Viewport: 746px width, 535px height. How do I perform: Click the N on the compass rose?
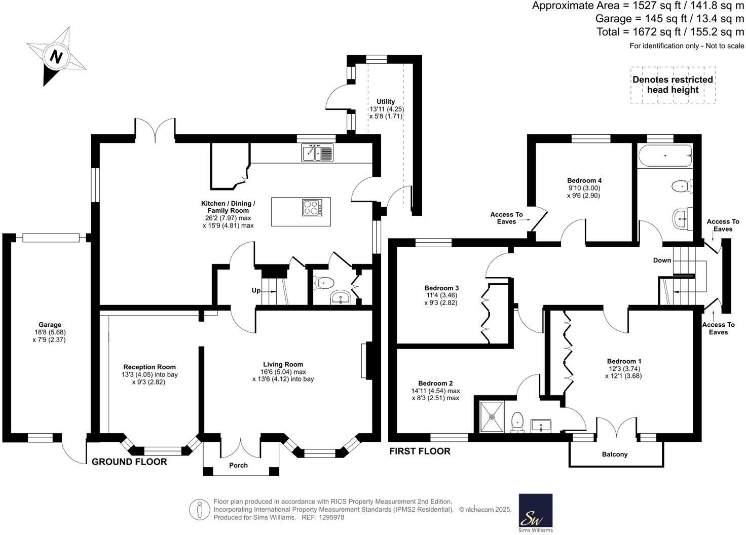coord(56,57)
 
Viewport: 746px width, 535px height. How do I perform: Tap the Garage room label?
coord(50,325)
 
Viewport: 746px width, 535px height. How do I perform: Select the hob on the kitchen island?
coord(312,207)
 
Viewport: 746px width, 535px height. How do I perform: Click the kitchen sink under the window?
coord(317,153)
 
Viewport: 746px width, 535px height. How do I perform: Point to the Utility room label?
coord(386,101)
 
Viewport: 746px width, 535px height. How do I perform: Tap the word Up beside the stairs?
coord(256,290)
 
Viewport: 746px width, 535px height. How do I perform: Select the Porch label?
coord(239,466)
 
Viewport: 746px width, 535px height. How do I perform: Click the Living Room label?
coord(283,364)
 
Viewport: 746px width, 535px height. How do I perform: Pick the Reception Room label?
coord(150,367)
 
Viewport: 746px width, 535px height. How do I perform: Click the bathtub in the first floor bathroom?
coord(665,156)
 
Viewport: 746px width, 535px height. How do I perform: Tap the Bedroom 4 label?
coord(584,180)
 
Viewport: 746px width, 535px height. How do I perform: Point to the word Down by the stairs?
coord(662,260)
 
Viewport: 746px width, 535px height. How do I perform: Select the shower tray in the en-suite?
coord(492,416)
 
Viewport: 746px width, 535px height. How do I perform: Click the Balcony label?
coord(615,454)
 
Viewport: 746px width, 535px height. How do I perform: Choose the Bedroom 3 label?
coord(441,288)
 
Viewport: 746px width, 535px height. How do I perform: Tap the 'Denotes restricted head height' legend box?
coord(673,85)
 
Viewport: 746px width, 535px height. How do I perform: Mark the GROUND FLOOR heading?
coord(129,462)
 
